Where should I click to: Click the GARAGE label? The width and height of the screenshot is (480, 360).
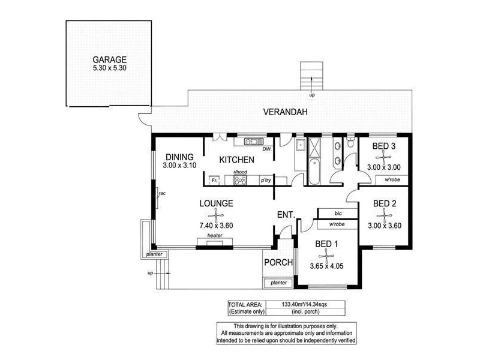tap(109, 59)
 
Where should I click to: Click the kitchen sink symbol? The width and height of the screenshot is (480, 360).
tap(253, 142)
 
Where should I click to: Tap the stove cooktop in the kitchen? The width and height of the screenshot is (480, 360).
tap(241, 179)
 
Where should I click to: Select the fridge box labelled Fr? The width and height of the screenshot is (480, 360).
tap(214, 179)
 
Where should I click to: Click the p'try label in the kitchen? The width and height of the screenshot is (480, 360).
tap(265, 179)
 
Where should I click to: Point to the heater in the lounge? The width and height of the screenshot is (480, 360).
tap(215, 241)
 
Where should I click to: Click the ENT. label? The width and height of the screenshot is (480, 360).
tap(285, 215)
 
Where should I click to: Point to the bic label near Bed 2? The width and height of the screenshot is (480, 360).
tap(338, 213)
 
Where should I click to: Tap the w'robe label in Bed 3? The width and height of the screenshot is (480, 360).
tap(385, 179)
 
